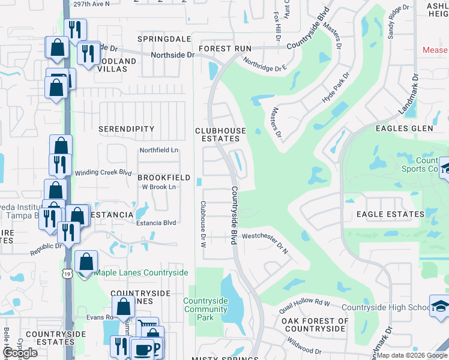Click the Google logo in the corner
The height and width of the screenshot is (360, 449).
pyautogui.click(x=20, y=353)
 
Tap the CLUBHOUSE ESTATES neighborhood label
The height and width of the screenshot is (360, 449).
pyautogui.click(x=220, y=134)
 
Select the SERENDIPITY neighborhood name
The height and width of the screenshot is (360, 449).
pyautogui.click(x=127, y=129)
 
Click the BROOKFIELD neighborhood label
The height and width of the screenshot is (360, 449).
pyautogui.click(x=164, y=178)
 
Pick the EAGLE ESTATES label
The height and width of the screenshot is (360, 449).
pyautogui.click(x=386, y=214)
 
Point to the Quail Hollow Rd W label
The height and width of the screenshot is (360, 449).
pyautogui.click(x=305, y=306)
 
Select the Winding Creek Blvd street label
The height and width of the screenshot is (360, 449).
pyautogui.click(x=103, y=173)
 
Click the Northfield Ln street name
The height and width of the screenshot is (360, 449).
pyautogui.click(x=159, y=150)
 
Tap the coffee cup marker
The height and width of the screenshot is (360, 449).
pyautogui.click(x=143, y=350)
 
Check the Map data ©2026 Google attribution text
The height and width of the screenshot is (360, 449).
pyautogui.click(x=412, y=355)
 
